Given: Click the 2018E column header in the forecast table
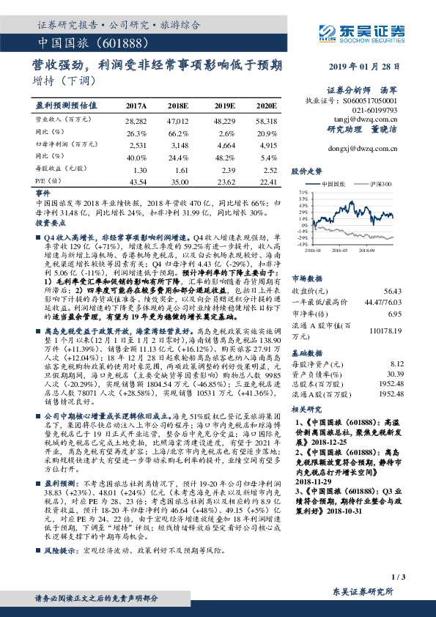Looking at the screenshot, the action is click(x=178, y=106).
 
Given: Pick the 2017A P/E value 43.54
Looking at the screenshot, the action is click(x=137, y=181).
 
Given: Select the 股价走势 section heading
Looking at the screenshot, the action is click(x=306, y=170).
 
